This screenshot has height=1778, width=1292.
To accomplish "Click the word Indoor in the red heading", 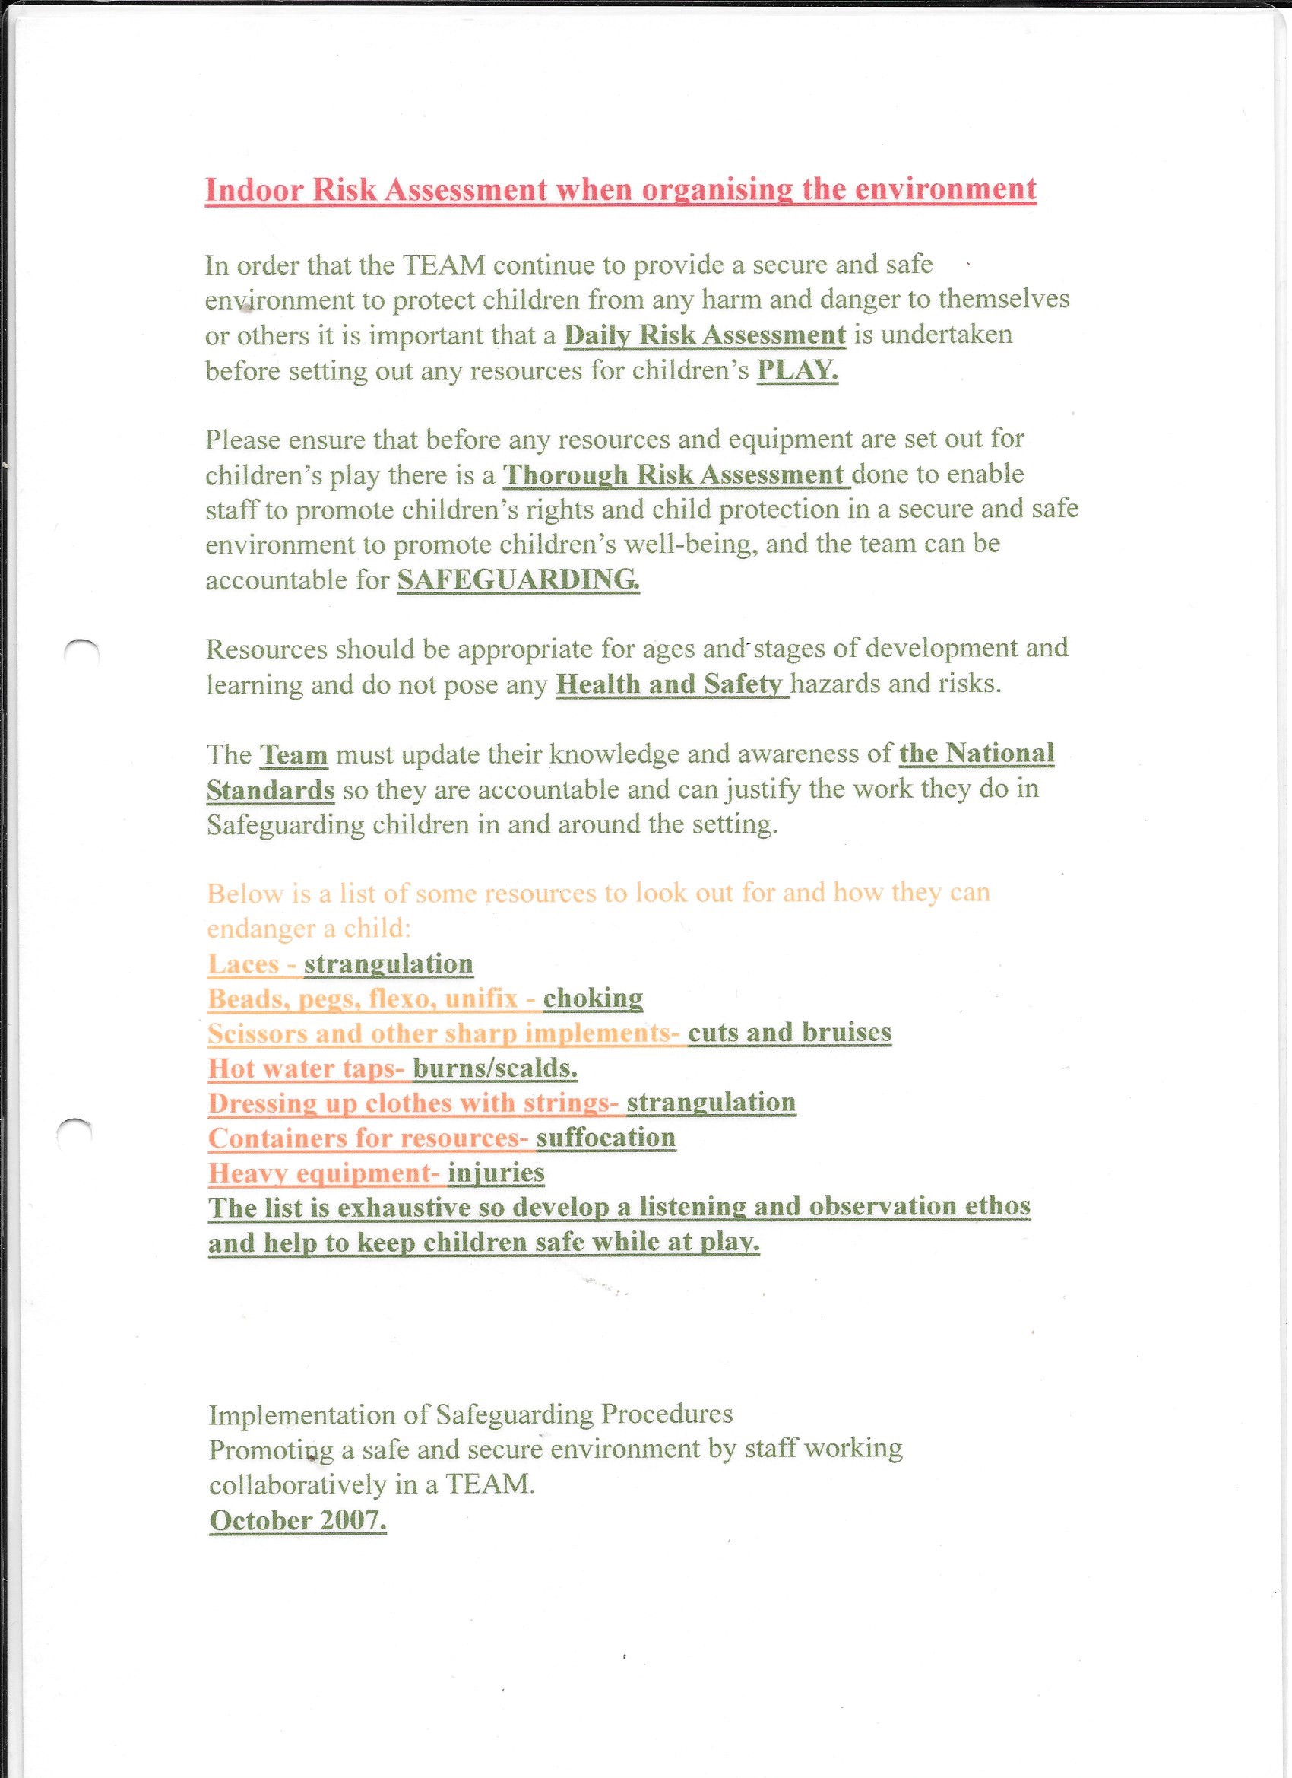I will click(x=254, y=190).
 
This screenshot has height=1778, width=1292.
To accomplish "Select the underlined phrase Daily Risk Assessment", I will click(x=705, y=335).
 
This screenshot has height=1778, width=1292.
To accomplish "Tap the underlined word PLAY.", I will click(x=796, y=370).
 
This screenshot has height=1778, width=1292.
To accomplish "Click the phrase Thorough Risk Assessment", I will click(x=676, y=475).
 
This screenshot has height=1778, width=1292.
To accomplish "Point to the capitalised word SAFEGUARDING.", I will click(x=518, y=579).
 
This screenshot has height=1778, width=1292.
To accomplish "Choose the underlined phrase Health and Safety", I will click(x=670, y=684).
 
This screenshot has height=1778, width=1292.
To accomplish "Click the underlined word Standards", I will click(x=271, y=789).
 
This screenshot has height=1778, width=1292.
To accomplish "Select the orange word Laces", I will click(x=244, y=964).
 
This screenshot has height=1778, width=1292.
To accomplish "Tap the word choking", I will click(x=592, y=998).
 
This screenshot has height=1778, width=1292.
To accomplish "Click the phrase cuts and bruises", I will click(x=789, y=1033).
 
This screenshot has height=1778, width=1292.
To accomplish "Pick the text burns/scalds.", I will click(x=496, y=1068).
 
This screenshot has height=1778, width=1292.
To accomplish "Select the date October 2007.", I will click(x=298, y=1520).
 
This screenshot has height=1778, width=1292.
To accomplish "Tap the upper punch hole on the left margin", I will click(x=81, y=652).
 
